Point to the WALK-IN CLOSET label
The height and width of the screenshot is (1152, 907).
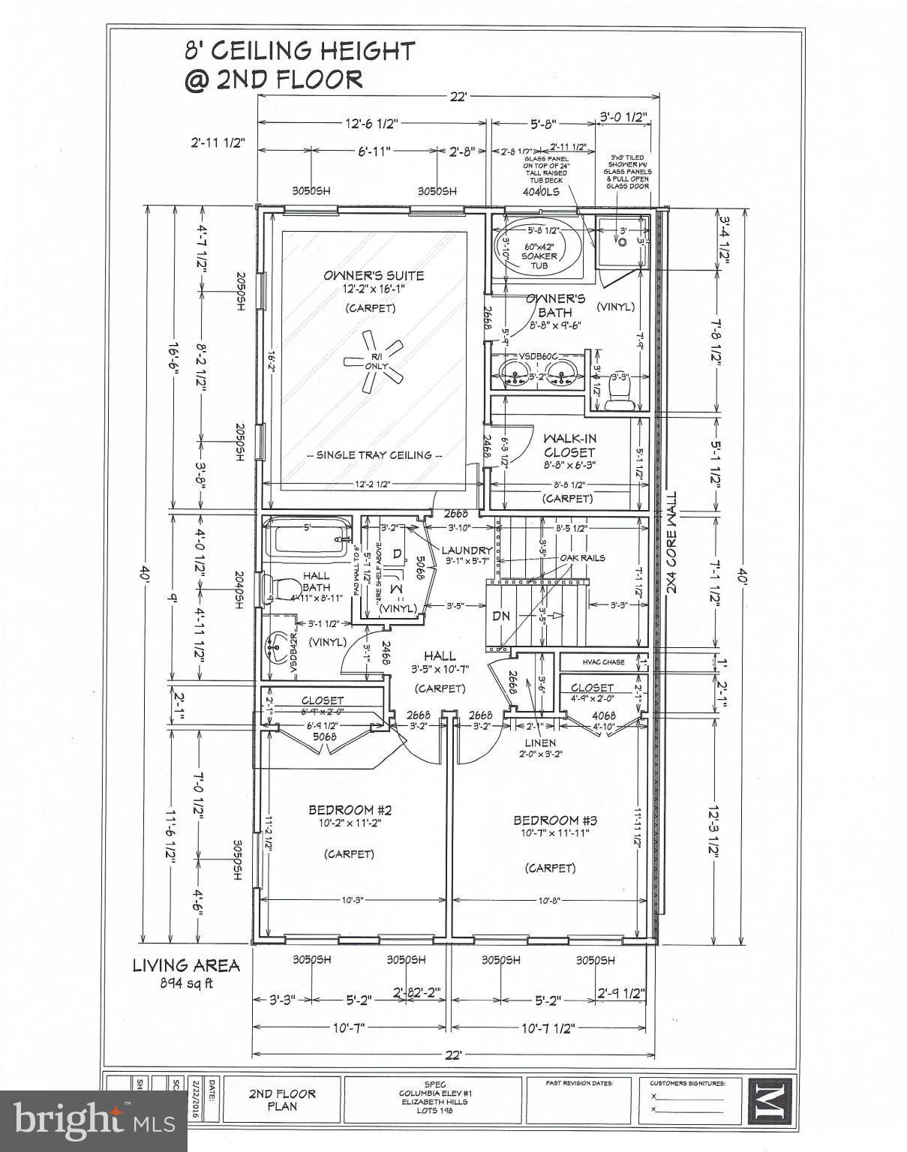569,445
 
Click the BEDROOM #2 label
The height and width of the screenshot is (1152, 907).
350,810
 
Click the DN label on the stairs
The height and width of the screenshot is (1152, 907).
501,616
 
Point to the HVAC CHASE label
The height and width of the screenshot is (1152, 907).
603,662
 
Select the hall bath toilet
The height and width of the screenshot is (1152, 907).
269,588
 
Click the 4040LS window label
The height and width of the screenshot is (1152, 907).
541,191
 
